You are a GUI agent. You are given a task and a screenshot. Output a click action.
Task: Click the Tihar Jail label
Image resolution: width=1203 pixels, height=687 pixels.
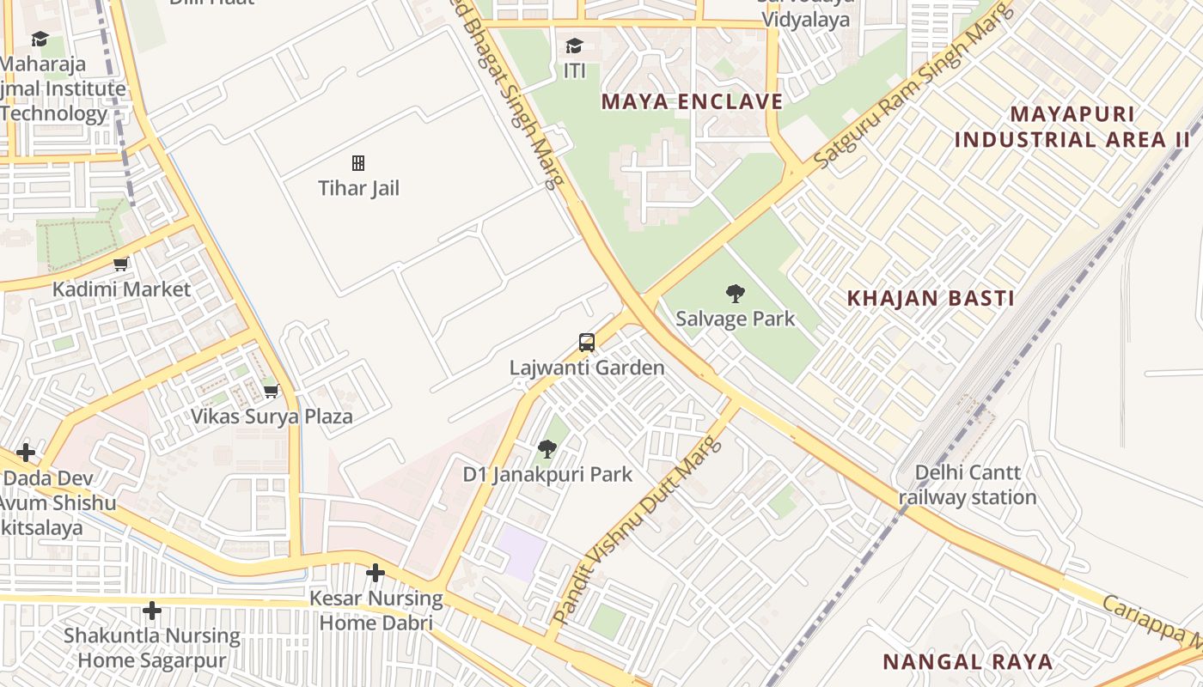pyautogui.click(x=358, y=188)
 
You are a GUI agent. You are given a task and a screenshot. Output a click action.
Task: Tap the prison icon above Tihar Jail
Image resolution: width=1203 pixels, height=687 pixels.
pyautogui.click(x=358, y=163)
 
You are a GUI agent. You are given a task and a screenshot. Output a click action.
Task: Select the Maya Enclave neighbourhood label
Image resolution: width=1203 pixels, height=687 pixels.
pyautogui.click(x=692, y=101)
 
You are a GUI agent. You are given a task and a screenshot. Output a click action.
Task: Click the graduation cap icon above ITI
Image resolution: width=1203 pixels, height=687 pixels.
pyautogui.click(x=574, y=46)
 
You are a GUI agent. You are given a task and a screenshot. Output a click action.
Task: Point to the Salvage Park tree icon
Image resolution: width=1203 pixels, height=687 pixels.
pyautogui.click(x=735, y=294)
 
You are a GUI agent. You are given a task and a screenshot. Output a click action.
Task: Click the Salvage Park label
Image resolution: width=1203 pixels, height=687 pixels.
pyautogui.click(x=735, y=319)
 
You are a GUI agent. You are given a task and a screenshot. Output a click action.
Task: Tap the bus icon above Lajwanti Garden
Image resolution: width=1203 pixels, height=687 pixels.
pyautogui.click(x=587, y=343)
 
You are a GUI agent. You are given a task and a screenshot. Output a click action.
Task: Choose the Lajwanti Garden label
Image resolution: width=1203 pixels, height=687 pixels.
pyautogui.click(x=587, y=368)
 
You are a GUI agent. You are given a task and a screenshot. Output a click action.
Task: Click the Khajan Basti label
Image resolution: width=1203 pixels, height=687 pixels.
pyautogui.click(x=931, y=298)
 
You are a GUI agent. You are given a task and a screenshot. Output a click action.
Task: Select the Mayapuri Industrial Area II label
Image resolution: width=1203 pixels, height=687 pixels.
pyautogui.click(x=1072, y=126)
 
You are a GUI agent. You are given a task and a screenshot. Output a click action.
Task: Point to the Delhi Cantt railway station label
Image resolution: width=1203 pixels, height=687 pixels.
pyautogui.click(x=968, y=484)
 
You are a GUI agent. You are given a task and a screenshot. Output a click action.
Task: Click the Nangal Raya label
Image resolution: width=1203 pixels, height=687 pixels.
pyautogui.click(x=968, y=661)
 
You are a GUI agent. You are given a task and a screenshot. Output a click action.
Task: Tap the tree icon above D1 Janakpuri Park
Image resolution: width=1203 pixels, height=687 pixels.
pyautogui.click(x=547, y=448)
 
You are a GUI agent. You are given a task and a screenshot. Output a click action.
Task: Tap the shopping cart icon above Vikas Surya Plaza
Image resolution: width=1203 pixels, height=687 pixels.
pyautogui.click(x=271, y=392)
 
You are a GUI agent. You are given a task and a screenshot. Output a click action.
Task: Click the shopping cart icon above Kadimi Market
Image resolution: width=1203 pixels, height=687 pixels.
pyautogui.click(x=121, y=264)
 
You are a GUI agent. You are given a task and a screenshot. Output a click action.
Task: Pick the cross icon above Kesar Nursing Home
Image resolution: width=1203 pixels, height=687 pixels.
pyautogui.click(x=376, y=573)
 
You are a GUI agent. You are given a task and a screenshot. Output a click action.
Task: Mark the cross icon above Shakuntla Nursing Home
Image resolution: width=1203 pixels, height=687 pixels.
pyautogui.click(x=152, y=611)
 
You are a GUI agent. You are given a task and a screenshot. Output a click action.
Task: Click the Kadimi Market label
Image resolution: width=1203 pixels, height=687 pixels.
pyautogui.click(x=121, y=289)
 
